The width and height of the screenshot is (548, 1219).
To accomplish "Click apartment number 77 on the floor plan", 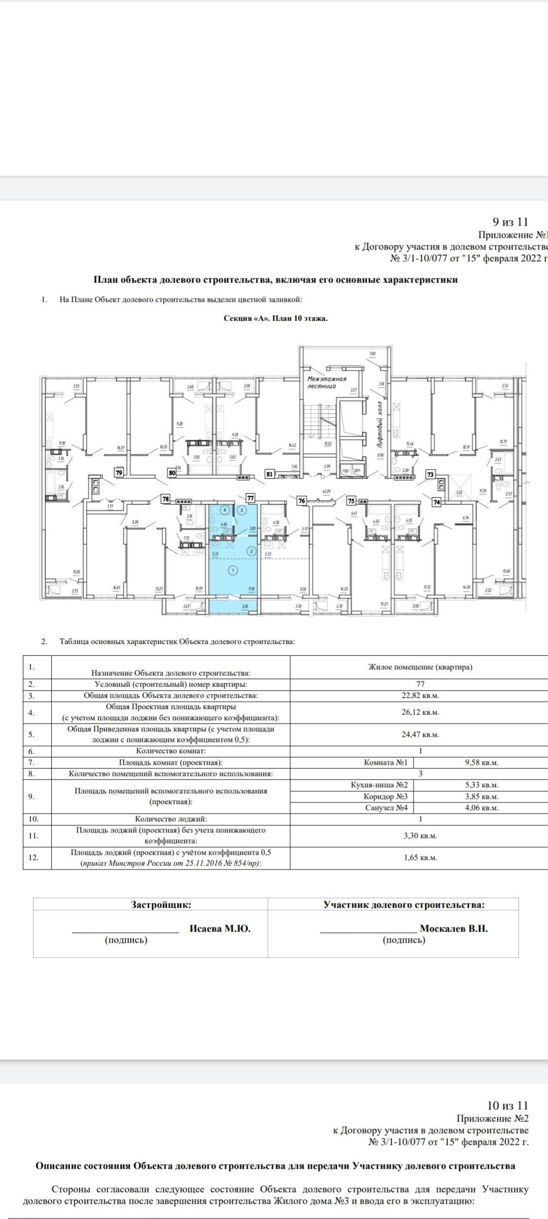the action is pyautogui.click(x=250, y=498).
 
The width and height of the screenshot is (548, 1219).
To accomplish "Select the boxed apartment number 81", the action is pyautogui.click(x=270, y=474).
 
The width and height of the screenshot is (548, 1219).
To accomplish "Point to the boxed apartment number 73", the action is pyautogui.click(x=431, y=474).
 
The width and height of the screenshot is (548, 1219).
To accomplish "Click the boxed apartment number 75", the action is pyautogui.click(x=351, y=501).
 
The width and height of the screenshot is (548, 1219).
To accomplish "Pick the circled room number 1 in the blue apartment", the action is pyautogui.click(x=233, y=570).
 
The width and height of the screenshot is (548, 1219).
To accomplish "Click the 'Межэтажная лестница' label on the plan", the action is pyautogui.click(x=327, y=382).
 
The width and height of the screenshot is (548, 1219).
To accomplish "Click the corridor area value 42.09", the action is pyautogui.click(x=327, y=491).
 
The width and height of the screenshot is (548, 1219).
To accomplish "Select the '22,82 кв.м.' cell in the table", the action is pyautogui.click(x=420, y=695).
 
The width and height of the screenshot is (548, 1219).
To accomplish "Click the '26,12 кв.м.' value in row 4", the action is pyautogui.click(x=420, y=712).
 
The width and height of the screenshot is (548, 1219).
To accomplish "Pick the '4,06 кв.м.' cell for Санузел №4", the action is pyautogui.click(x=482, y=808).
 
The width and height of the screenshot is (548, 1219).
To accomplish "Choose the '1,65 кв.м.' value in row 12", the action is pyautogui.click(x=420, y=857).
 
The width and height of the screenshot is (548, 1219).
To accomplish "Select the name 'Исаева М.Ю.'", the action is pyautogui.click(x=220, y=928).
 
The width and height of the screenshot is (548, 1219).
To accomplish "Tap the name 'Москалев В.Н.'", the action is pyautogui.click(x=454, y=928).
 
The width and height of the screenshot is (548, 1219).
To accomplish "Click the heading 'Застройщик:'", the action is pyautogui.click(x=161, y=905).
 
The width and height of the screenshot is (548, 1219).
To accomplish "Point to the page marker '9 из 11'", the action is pyautogui.click(x=510, y=222).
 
